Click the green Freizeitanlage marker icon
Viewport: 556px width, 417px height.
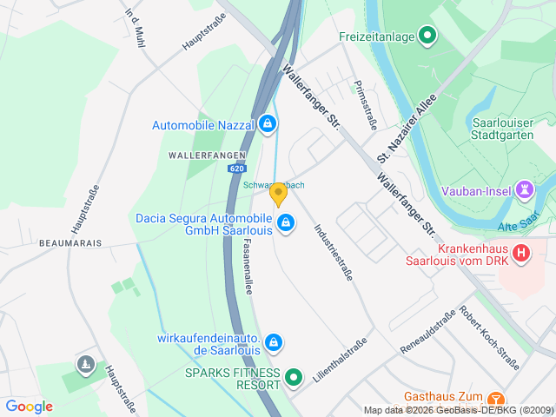point(427,36)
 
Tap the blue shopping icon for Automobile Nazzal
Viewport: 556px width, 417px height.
point(268,124)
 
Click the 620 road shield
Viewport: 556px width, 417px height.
point(236,169)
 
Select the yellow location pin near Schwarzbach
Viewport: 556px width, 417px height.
point(278,194)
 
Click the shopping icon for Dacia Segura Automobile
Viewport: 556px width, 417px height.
point(284,224)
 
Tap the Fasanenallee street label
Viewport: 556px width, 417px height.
point(248,267)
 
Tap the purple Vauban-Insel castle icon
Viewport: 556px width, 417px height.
point(524,189)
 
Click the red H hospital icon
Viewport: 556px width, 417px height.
point(521,253)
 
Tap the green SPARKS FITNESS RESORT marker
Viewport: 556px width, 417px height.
point(294,378)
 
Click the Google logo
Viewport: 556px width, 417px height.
point(30,406)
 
